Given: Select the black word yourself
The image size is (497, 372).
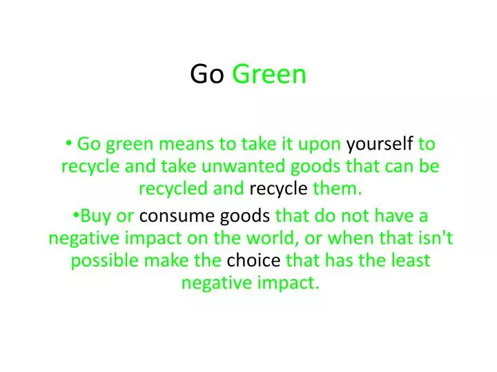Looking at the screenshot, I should tap(380, 144).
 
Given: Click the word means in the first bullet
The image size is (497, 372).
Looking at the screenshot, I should tap(187, 144).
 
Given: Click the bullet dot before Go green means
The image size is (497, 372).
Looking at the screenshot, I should tap(71, 143).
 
